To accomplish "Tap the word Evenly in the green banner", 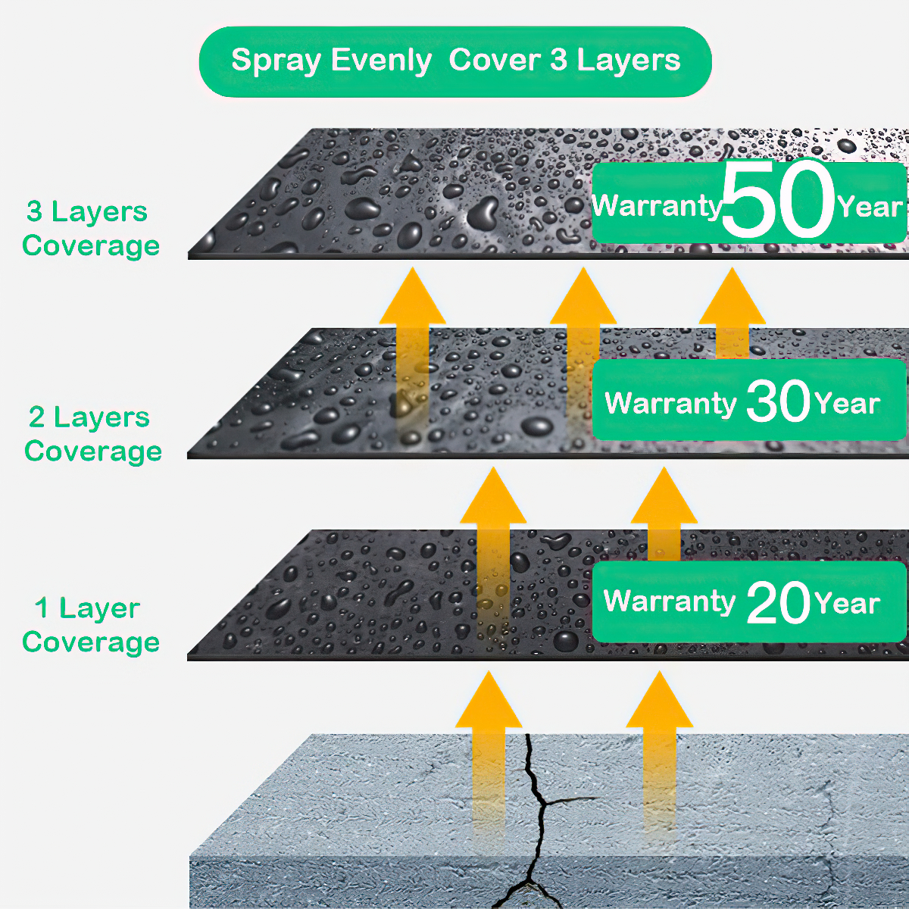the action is tap(381, 61).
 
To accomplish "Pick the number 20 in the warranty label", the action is tap(779, 602).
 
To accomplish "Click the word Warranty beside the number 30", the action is tap(670, 403).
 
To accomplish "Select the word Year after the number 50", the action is tap(870, 207).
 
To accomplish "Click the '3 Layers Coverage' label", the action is tap(91, 229).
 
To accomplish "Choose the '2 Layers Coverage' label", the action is tap(92, 435).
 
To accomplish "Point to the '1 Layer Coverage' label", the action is tap(91, 626).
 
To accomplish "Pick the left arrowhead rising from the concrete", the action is tap(489, 700).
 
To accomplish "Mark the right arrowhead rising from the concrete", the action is tap(659, 700).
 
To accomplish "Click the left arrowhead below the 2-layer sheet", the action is tap(493, 495).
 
